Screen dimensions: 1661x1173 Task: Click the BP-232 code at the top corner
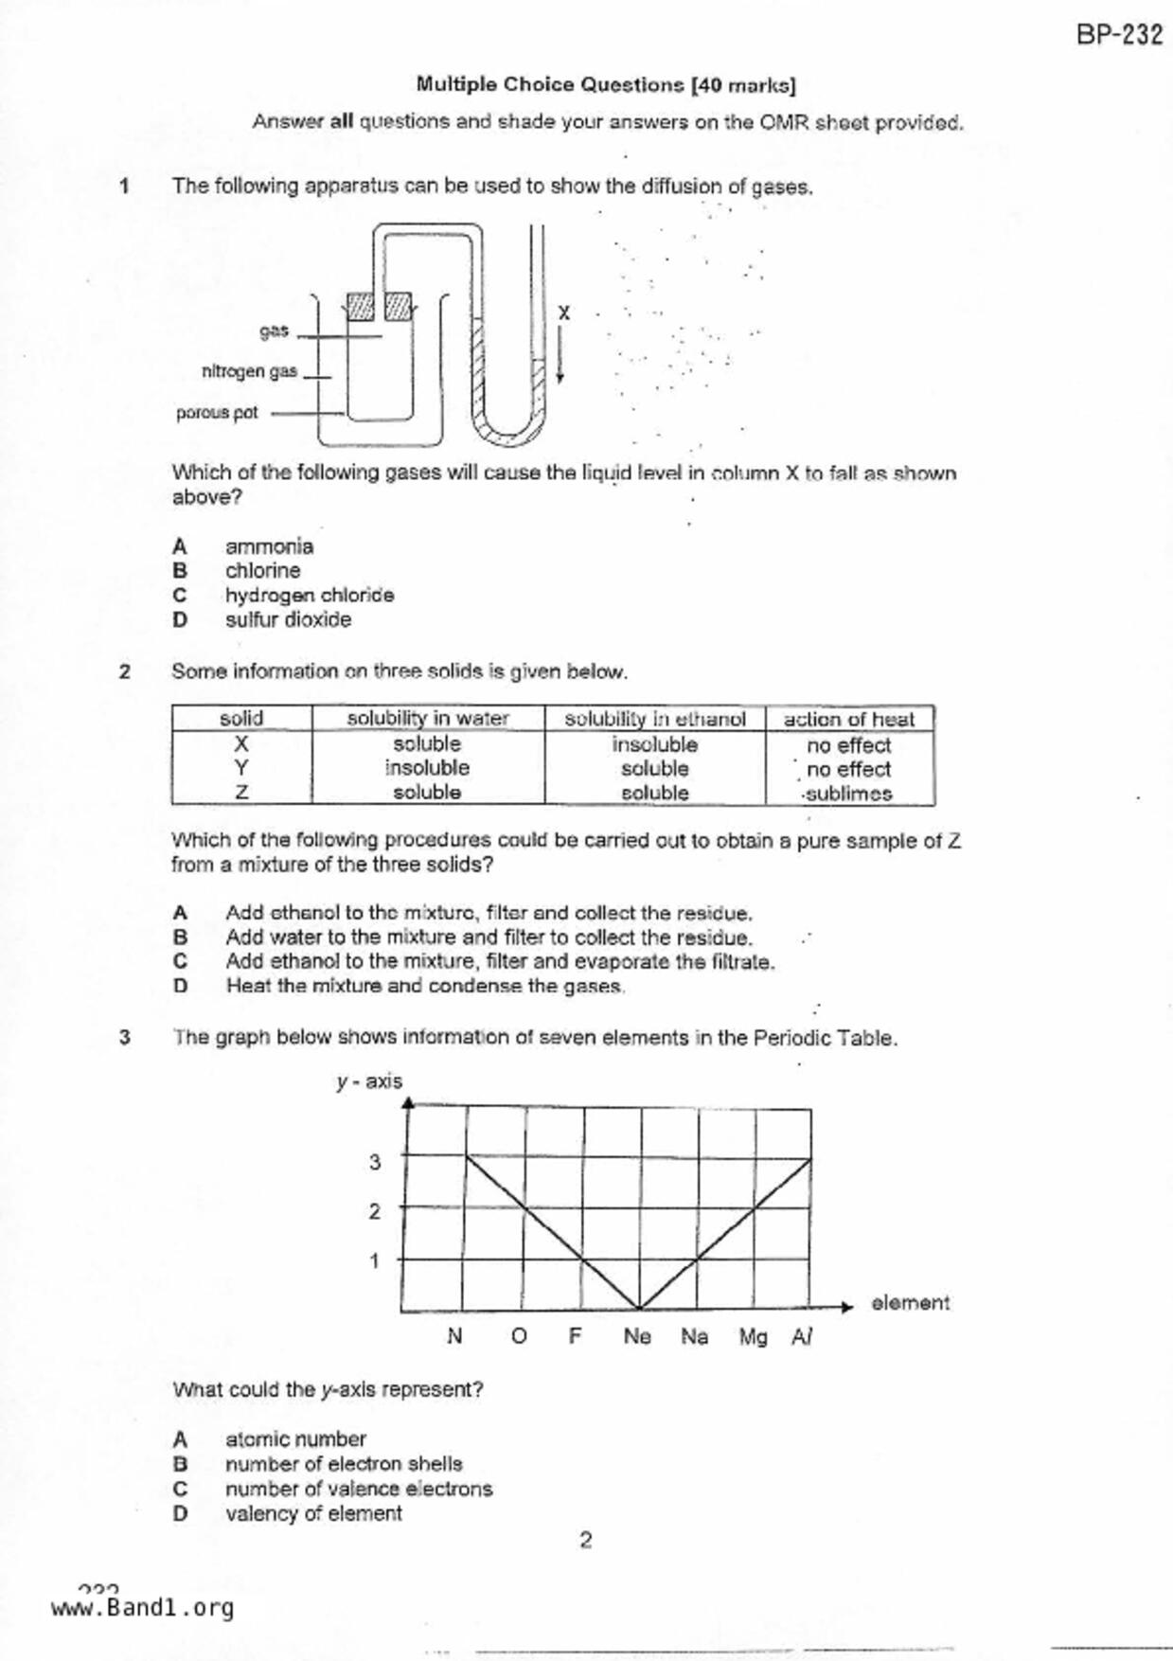[1118, 35]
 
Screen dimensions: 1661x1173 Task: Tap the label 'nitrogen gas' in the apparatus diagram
[249, 371]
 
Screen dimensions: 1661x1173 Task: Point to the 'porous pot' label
[217, 413]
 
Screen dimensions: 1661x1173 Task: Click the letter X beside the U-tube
[564, 313]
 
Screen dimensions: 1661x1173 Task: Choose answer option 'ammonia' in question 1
[269, 546]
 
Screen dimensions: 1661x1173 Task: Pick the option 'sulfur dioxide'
[288, 619]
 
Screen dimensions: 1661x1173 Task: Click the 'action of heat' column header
[848, 719]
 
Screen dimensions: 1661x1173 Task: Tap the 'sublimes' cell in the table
[848, 794]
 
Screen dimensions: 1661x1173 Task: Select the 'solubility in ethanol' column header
[654, 719]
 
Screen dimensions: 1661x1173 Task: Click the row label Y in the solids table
[241, 768]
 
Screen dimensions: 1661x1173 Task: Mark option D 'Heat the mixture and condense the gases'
[424, 986]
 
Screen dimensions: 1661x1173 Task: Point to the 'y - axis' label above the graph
[369, 1081]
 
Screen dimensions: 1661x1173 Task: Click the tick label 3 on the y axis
[375, 1162]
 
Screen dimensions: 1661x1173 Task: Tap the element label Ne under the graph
[637, 1336]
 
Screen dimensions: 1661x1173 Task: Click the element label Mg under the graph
[753, 1336]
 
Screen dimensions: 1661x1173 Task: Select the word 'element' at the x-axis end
[910, 1303]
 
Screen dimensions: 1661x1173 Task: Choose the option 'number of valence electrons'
[359, 1489]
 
